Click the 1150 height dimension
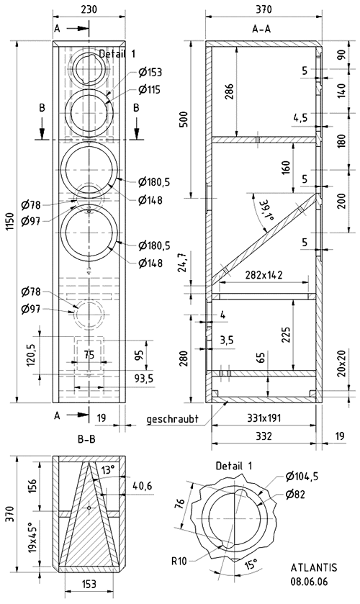pos(9,222)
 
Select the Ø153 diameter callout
pos(150,72)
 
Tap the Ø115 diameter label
pos(149,90)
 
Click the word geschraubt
pos(172,419)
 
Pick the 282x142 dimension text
pos(264,275)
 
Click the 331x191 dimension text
pos(264,418)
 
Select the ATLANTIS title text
pos(314,567)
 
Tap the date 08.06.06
pos(309,581)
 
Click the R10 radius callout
pos(179,562)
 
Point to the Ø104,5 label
pos(302,477)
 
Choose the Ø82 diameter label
pos(295,494)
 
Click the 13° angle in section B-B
pos(108,470)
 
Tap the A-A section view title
pos(261,29)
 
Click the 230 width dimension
pos(89,10)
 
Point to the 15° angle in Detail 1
pos(251,565)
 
